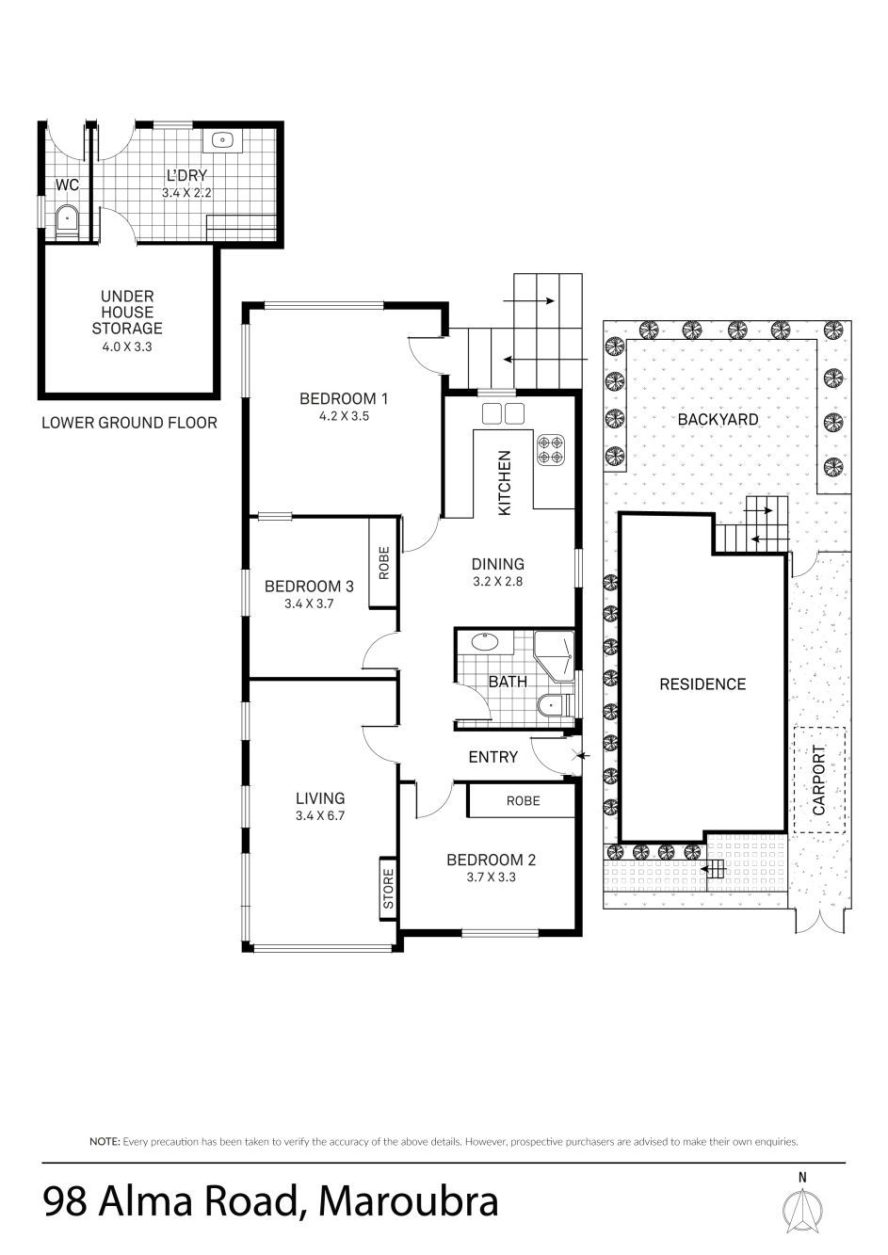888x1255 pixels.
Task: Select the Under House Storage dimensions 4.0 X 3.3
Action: click(x=126, y=346)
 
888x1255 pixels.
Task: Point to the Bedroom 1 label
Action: click(x=344, y=399)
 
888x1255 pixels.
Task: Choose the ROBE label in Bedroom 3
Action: click(x=384, y=563)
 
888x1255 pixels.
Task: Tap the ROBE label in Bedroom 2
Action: click(x=524, y=801)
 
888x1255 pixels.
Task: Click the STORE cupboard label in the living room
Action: click(x=388, y=889)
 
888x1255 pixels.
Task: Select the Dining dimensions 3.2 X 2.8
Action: click(x=497, y=582)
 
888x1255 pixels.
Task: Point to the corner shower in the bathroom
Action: click(x=554, y=656)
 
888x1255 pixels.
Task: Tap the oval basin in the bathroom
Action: click(x=485, y=642)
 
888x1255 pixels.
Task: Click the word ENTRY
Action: click(x=493, y=758)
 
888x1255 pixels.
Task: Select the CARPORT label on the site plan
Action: click(x=819, y=780)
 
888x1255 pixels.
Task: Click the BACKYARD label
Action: click(x=718, y=420)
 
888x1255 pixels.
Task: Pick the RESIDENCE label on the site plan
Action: click(x=702, y=684)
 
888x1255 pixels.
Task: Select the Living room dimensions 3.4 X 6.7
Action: click(x=320, y=815)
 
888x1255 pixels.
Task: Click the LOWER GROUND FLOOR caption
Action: click(x=129, y=423)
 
